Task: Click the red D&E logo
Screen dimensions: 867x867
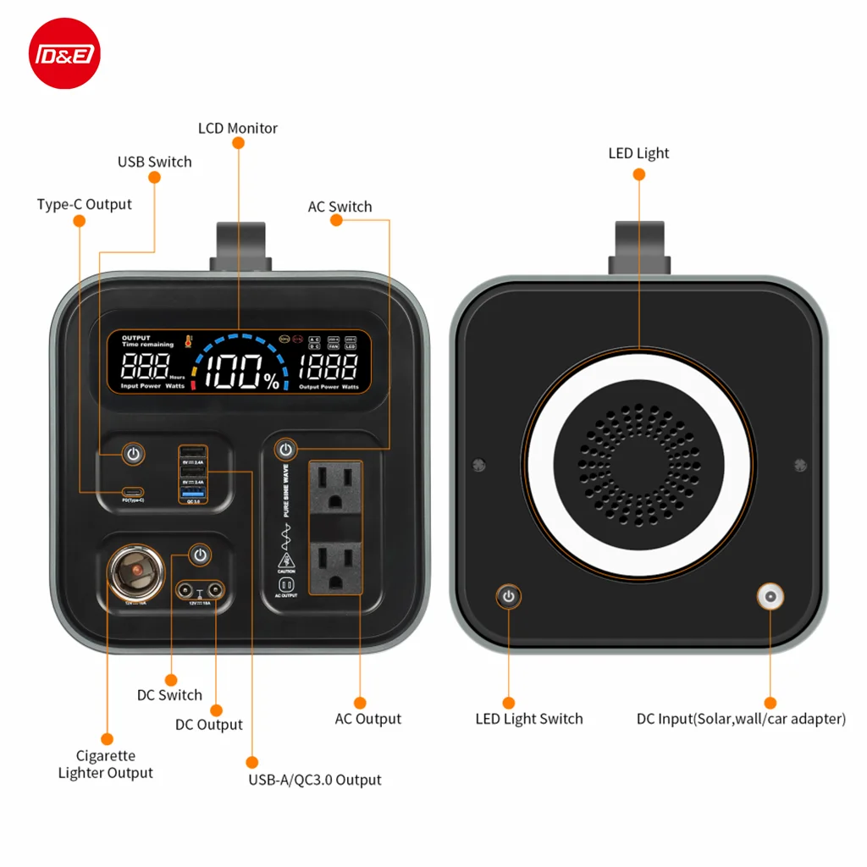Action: [64, 53]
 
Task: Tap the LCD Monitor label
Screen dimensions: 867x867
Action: [238, 129]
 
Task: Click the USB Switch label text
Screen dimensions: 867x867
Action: [154, 162]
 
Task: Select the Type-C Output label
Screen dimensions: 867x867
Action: [85, 204]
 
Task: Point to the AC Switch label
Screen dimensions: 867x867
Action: [340, 207]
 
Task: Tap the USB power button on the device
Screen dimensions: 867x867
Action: [133, 454]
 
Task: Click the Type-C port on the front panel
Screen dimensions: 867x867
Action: [132, 491]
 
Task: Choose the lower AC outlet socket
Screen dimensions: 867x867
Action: [335, 570]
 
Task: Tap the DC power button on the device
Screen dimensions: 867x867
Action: [199, 555]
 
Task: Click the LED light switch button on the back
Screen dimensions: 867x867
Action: [508, 597]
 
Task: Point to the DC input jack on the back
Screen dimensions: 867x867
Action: [770, 598]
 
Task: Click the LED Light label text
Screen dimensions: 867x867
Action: [638, 153]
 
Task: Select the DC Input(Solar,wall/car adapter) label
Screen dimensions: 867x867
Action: [741, 719]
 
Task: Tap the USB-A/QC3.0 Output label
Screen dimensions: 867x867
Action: [314, 780]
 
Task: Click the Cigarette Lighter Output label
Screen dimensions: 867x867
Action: [106, 764]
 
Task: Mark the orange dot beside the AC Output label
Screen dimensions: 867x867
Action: [360, 703]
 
